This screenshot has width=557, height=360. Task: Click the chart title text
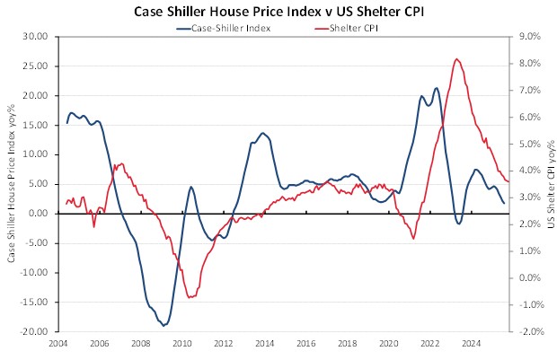(279, 12)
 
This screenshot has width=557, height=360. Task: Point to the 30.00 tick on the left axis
(34, 37)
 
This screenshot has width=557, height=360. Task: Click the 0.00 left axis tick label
(38, 214)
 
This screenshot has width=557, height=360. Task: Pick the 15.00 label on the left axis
(34, 125)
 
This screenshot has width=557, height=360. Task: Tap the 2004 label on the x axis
(58, 343)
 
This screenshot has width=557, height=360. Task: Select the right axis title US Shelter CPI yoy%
(549, 183)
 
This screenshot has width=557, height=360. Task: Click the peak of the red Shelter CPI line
(457, 59)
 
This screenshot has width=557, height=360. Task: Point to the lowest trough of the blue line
(164, 325)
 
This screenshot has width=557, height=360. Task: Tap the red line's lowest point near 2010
(189, 297)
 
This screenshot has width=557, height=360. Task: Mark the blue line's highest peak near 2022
(437, 88)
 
